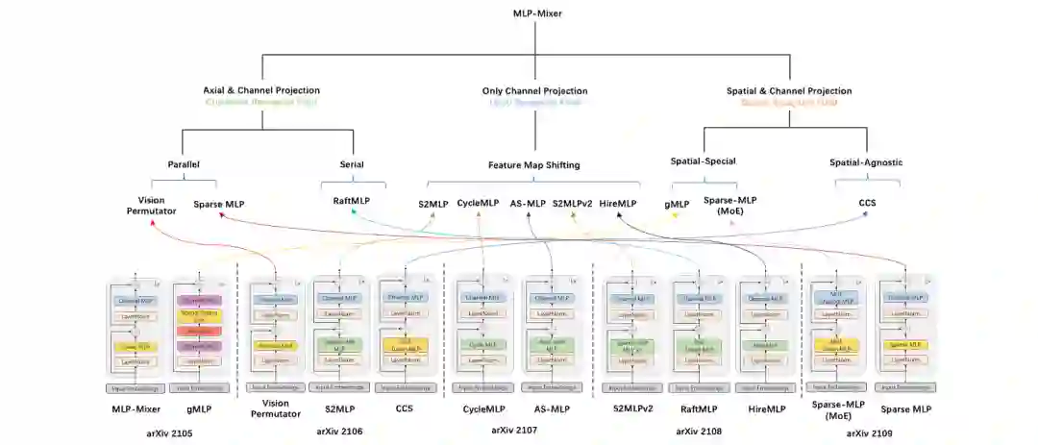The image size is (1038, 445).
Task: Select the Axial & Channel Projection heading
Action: [x=261, y=91]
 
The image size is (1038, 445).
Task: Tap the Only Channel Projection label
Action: [x=534, y=91]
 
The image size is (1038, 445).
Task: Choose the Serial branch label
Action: [x=352, y=164]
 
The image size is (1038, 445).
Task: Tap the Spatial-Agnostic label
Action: [x=866, y=162]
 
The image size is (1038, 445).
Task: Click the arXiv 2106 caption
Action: [x=339, y=432]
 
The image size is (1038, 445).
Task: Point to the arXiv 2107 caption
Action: [x=514, y=432]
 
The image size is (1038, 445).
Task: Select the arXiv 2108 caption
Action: [x=699, y=432]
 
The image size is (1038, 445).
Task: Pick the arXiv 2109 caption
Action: [x=870, y=433]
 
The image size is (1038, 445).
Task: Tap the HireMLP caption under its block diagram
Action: [x=765, y=409]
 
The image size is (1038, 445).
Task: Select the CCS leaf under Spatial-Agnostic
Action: [x=866, y=204]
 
